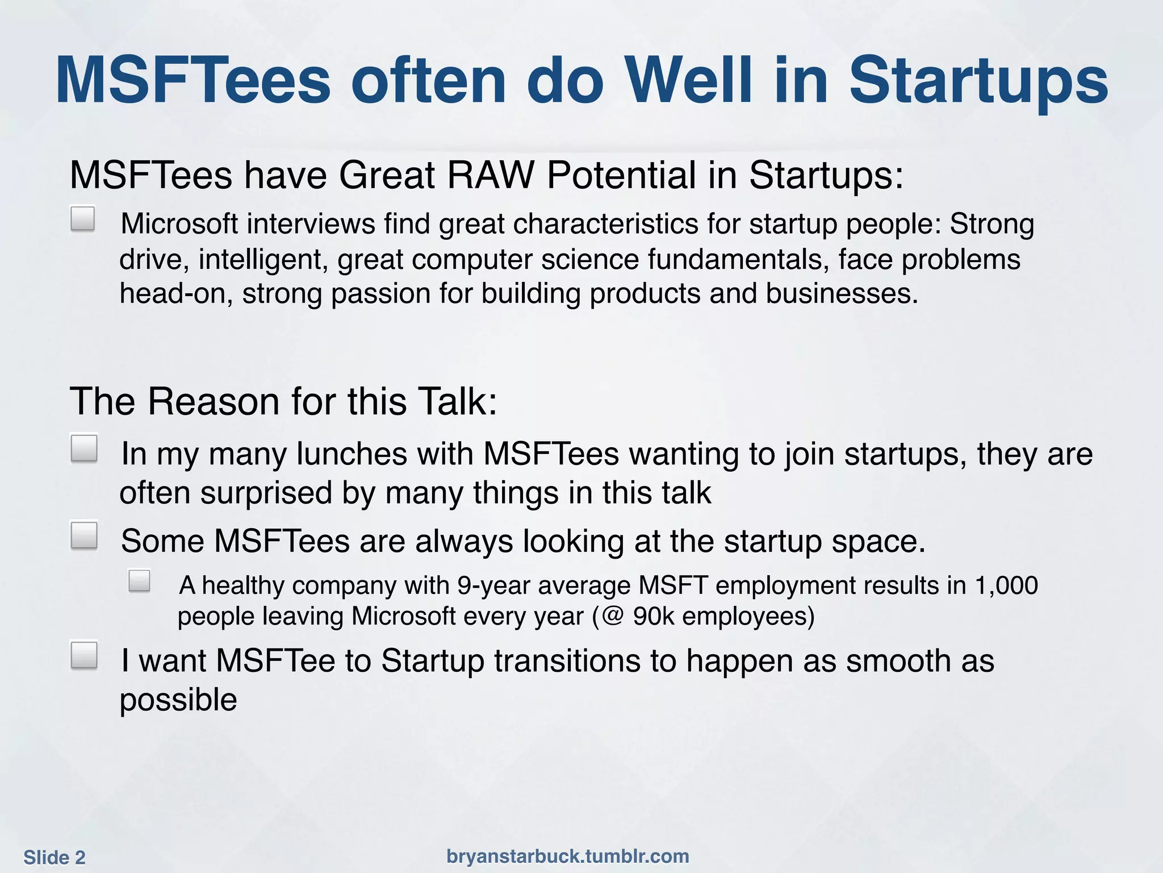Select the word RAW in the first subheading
pos(491,175)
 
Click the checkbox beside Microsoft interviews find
pos(83,219)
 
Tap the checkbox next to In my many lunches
pos(84,448)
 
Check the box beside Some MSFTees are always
pos(84,535)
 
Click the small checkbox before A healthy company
pos(139,581)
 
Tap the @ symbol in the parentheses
pos(612,616)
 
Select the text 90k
pos(654,616)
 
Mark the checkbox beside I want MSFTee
pos(84,655)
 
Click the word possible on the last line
pos(178,700)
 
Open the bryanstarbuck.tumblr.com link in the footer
pos(568,856)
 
